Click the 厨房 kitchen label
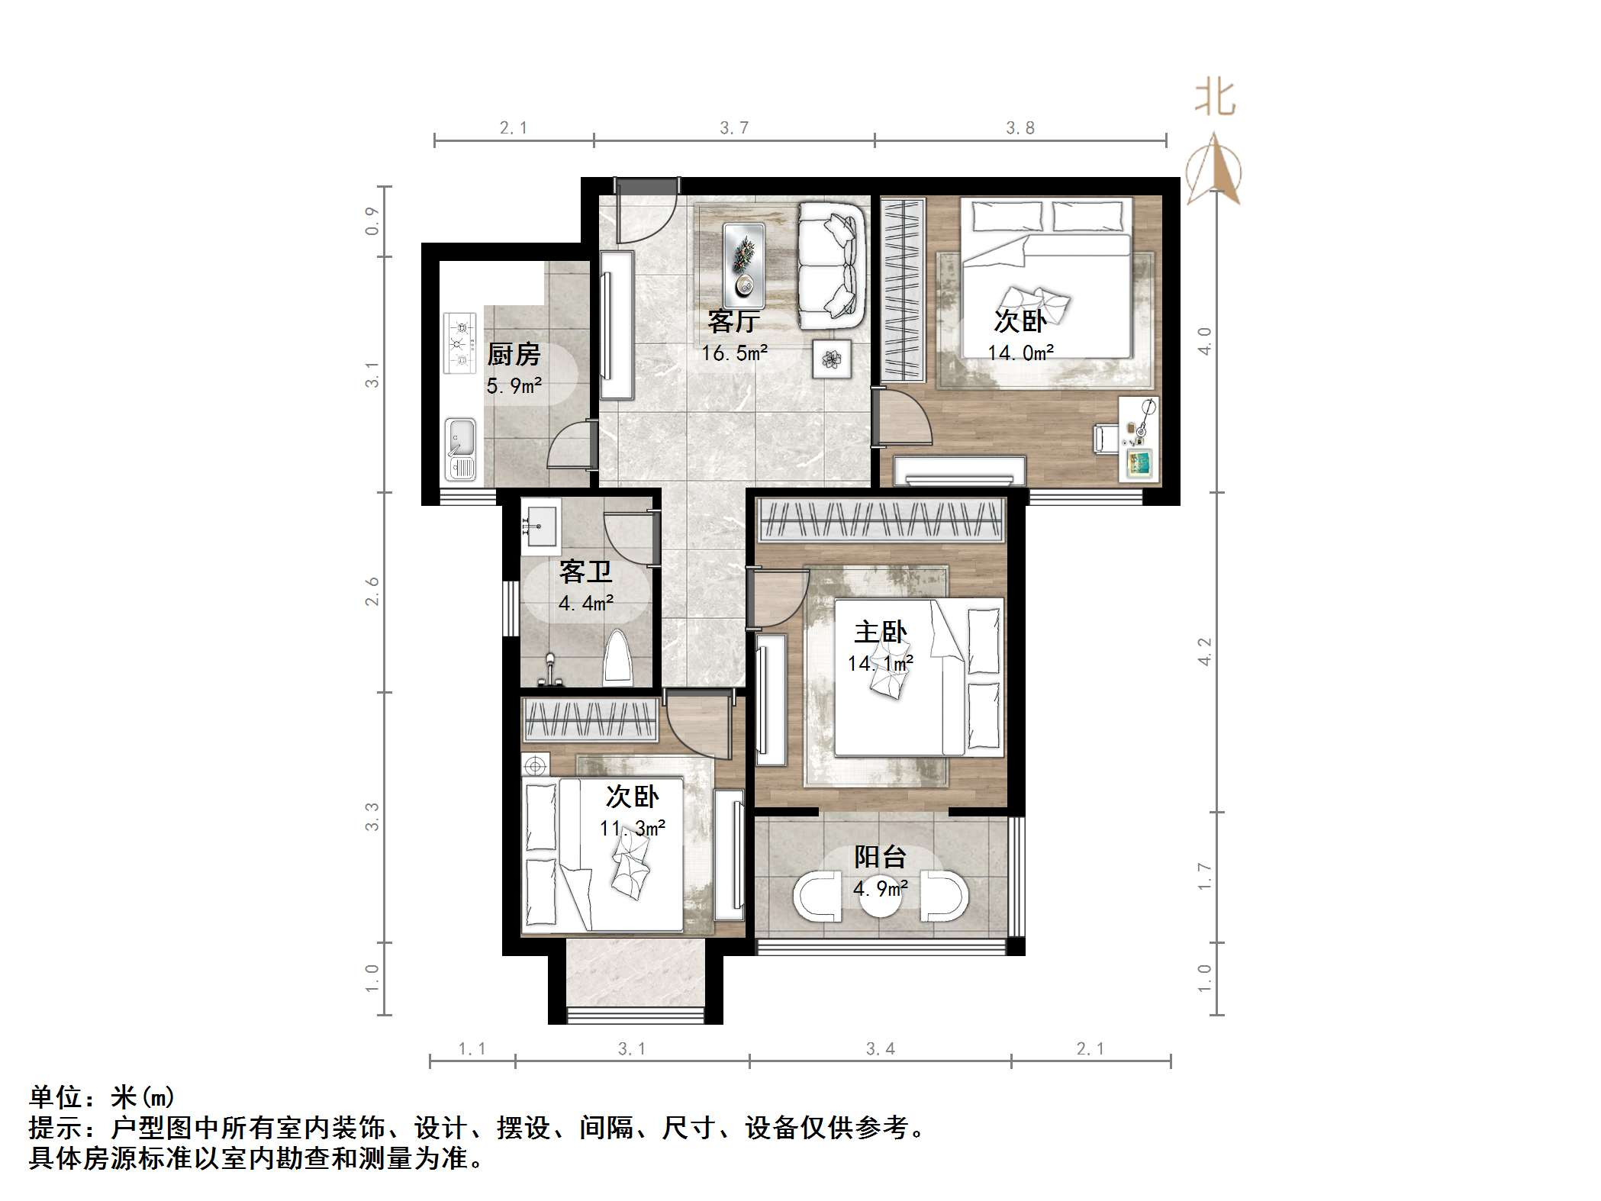pos(514,354)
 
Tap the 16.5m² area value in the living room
pos(734,353)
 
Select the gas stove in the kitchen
pos(460,343)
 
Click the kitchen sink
pos(460,449)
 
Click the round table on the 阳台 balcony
pos(881,897)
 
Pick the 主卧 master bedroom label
pos(880,632)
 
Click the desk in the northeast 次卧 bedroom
pos(1139,438)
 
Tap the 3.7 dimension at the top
pos(734,127)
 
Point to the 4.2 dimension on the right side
pos(1204,651)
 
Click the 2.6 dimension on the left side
pos(372,591)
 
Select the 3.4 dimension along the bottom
pos(880,1049)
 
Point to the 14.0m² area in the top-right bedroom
pos(1020,353)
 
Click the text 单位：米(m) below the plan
pos(102,1097)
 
